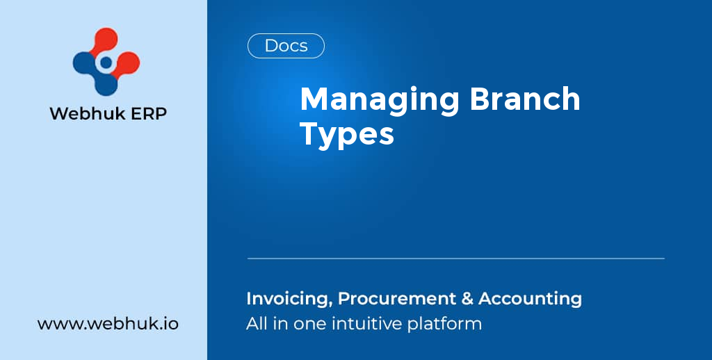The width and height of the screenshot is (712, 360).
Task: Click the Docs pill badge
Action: (286, 46)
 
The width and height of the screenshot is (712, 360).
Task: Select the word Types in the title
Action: (347, 134)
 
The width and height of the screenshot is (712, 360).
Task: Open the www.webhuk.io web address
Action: (108, 324)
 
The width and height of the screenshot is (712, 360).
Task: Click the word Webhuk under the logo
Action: (85, 113)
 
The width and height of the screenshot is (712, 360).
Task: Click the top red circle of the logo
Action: (106, 40)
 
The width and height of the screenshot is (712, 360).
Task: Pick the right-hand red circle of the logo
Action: (127, 64)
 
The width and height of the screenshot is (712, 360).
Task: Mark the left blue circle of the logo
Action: (85, 63)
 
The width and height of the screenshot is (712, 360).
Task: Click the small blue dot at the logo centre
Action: (106, 63)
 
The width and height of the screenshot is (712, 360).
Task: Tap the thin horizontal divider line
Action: (455, 259)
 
